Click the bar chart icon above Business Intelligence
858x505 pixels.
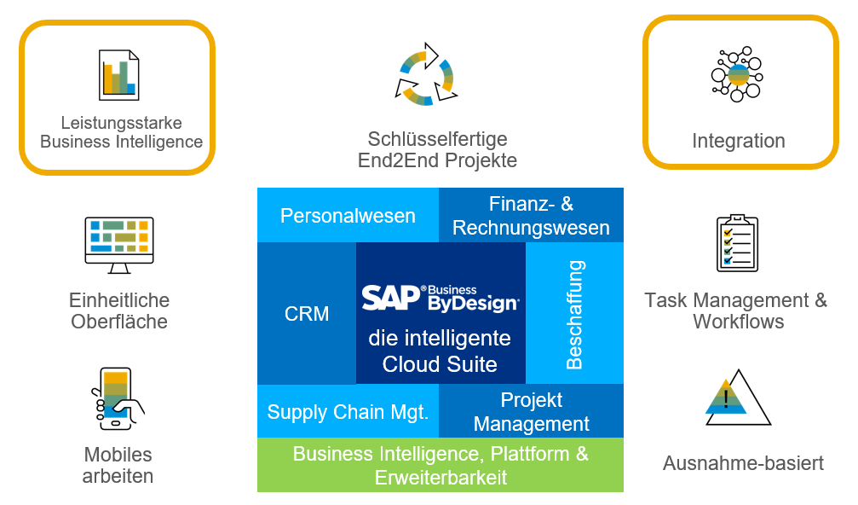118,73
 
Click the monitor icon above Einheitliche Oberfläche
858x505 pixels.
119,244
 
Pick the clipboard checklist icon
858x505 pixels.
737,243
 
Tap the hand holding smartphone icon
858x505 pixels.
117,398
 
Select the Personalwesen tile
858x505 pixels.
348,216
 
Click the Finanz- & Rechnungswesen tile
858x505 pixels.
531,216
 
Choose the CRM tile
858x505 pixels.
307,314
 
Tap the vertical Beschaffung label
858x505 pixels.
574,314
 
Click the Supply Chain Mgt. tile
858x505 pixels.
348,412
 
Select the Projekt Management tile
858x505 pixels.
531,412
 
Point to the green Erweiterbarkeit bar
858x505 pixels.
441,466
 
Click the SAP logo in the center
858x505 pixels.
391,297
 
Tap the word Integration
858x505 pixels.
738,141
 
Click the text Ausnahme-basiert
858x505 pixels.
743,464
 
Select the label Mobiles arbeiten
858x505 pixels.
118,465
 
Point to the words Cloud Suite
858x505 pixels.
440,364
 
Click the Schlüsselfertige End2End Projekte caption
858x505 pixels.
437,149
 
